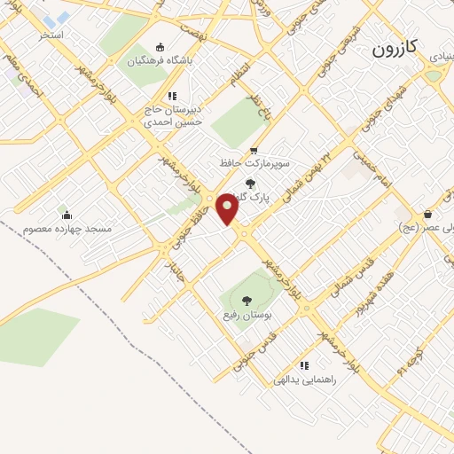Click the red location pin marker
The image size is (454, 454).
(228, 208)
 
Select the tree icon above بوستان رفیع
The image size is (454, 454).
(247, 301)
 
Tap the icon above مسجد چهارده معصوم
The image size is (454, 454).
(66, 214)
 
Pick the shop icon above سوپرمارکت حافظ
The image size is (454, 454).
(254, 151)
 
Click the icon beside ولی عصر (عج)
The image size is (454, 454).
(428, 214)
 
